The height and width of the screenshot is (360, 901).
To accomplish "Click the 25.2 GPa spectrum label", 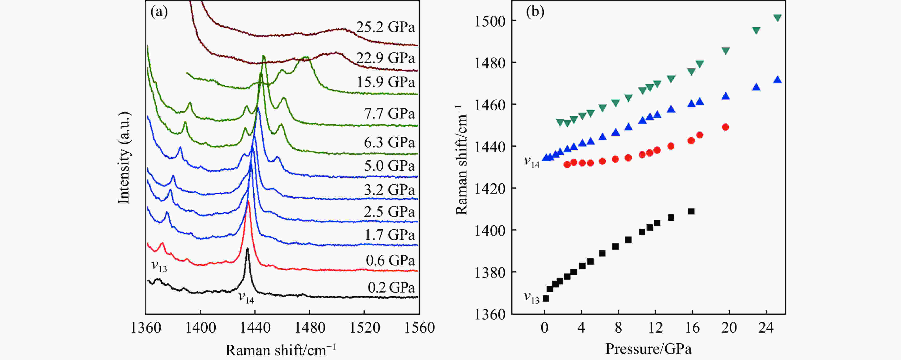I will (x=385, y=27).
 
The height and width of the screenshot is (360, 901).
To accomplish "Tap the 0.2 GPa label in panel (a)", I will (x=391, y=288).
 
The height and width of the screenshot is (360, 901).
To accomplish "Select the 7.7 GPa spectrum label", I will (x=389, y=113).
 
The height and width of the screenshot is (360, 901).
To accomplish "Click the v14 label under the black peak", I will (x=246, y=298).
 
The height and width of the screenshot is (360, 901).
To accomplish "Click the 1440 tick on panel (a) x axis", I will (x=255, y=328).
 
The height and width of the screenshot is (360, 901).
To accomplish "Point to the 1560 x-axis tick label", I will (x=419, y=328).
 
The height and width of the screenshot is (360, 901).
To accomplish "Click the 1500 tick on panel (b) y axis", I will (x=490, y=21).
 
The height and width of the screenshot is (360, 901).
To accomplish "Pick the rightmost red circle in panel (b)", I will (x=725, y=127).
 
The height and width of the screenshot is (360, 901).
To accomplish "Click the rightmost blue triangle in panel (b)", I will (x=778, y=80).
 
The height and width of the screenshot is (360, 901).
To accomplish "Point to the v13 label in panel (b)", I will (x=531, y=298).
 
